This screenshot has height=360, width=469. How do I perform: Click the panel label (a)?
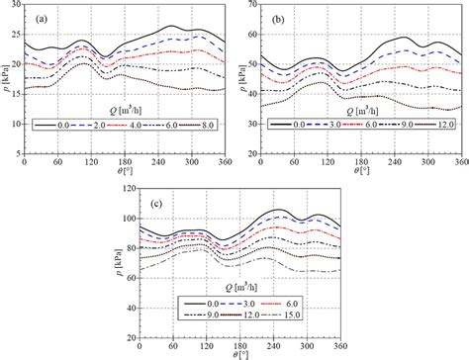(37, 16)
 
